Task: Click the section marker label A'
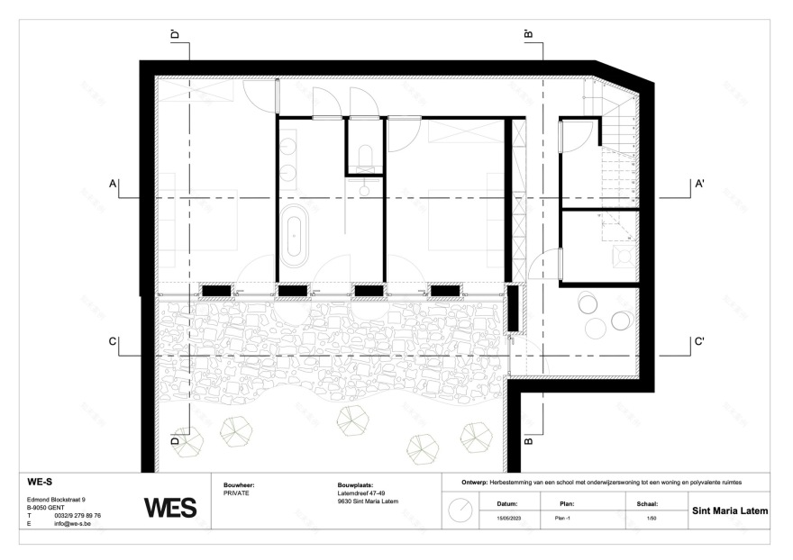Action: coord(698,184)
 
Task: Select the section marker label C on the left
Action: coord(113,341)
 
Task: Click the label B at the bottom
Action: coord(529,441)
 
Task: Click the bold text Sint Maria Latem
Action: coord(729,510)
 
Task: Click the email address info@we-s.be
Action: coord(71,523)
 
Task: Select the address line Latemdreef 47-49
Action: coord(358,493)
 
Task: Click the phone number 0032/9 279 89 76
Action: coord(77,515)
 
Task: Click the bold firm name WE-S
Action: coord(41,482)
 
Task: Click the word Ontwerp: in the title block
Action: coord(475,482)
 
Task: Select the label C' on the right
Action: coord(698,341)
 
